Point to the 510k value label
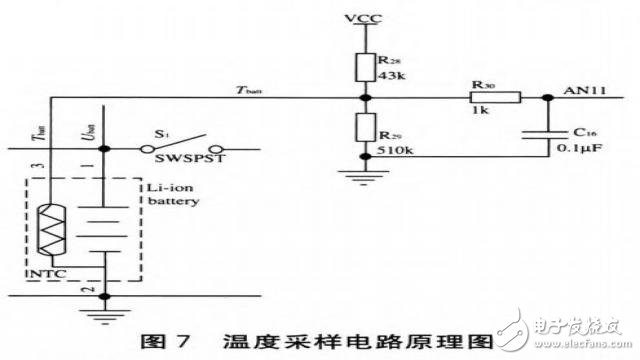point(394,149)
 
